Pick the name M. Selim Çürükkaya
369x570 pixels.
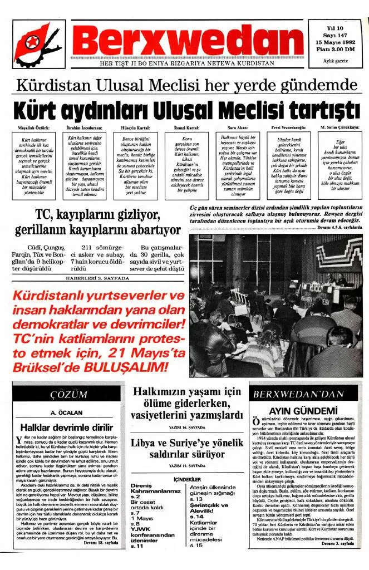click(x=340, y=127)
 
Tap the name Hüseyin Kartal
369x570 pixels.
click(x=132, y=127)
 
